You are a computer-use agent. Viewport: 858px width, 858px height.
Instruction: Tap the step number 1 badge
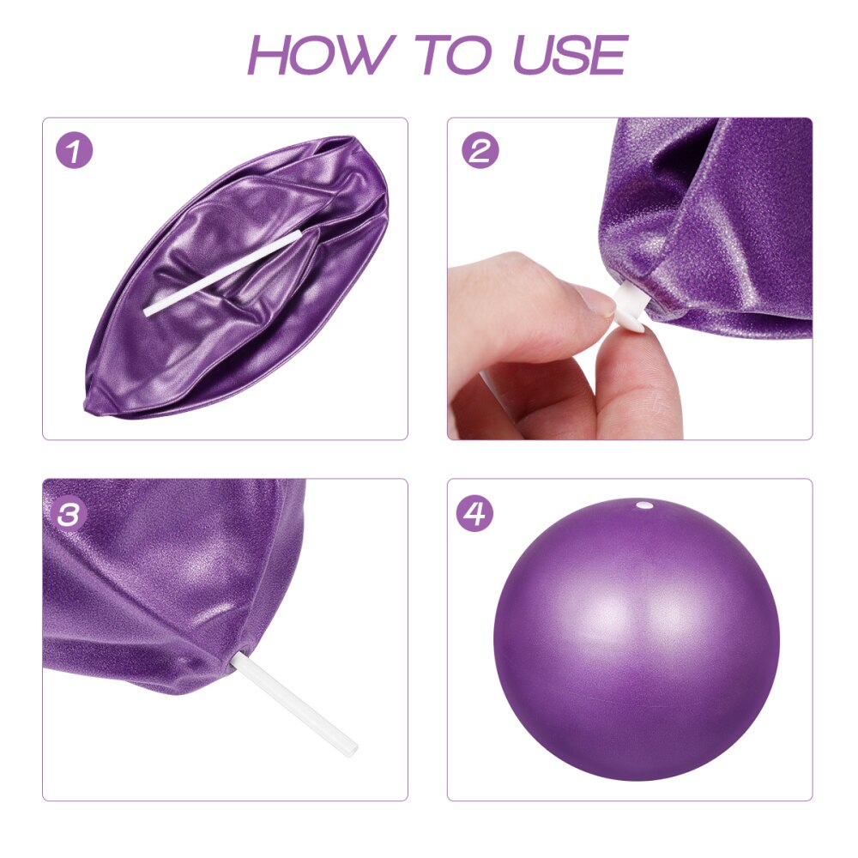tap(75, 151)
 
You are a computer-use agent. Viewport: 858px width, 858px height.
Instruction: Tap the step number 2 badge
tap(480, 151)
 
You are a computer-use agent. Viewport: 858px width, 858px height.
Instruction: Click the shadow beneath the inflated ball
tap(636, 776)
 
